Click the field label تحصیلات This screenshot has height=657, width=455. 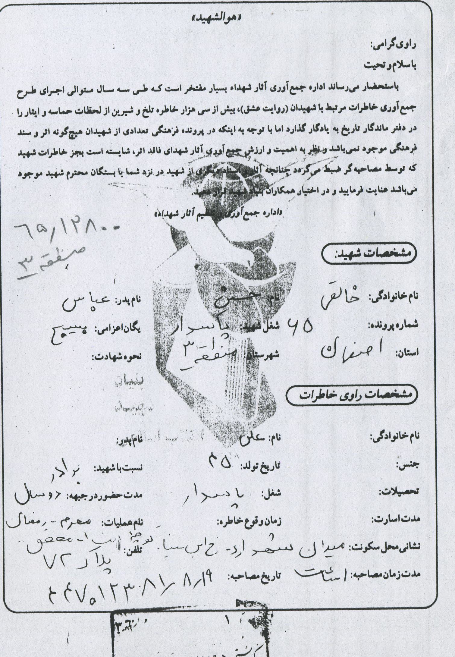[398, 492]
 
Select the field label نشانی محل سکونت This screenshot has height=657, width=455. [384, 546]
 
